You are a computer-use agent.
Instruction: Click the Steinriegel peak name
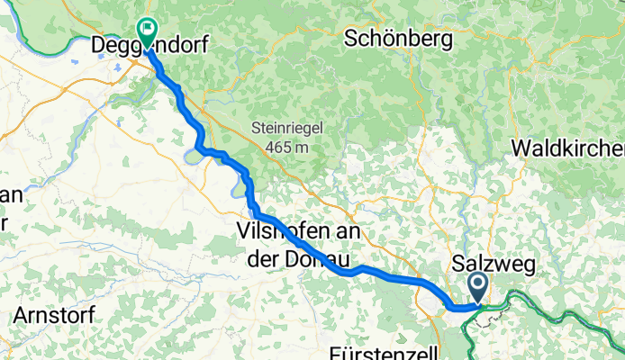(286, 129)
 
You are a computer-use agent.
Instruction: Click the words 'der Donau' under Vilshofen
(298, 256)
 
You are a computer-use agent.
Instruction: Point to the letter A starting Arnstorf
(22, 316)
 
